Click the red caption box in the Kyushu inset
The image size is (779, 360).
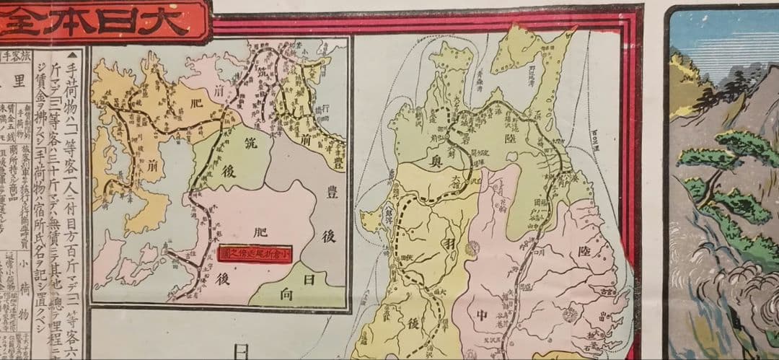pos(253,254)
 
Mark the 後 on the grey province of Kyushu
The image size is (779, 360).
pos(328,236)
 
